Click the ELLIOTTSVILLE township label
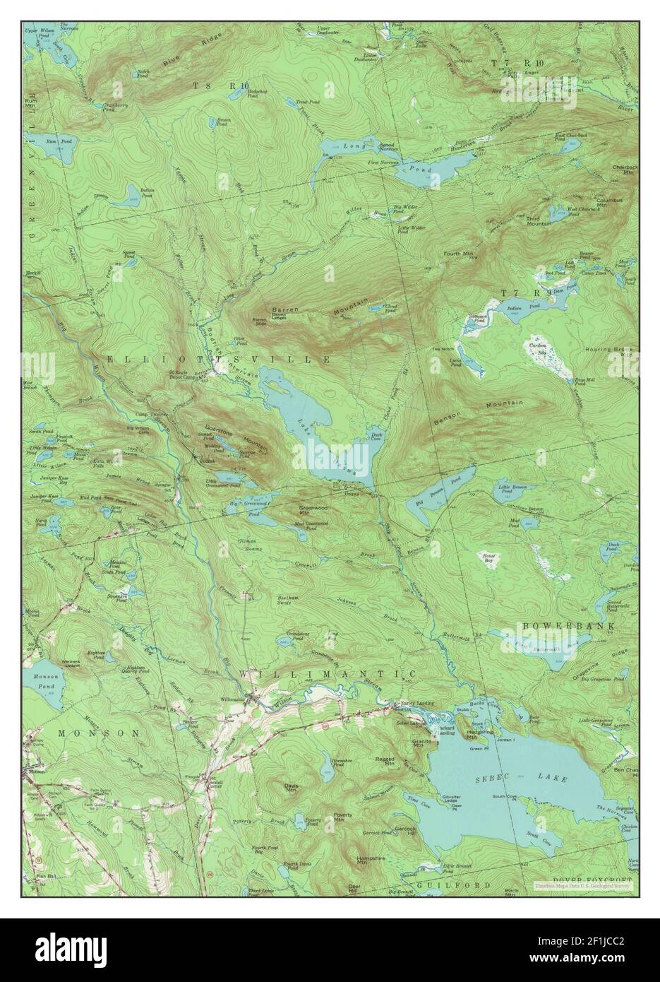tap(219, 360)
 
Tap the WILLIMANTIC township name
tap(326, 675)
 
